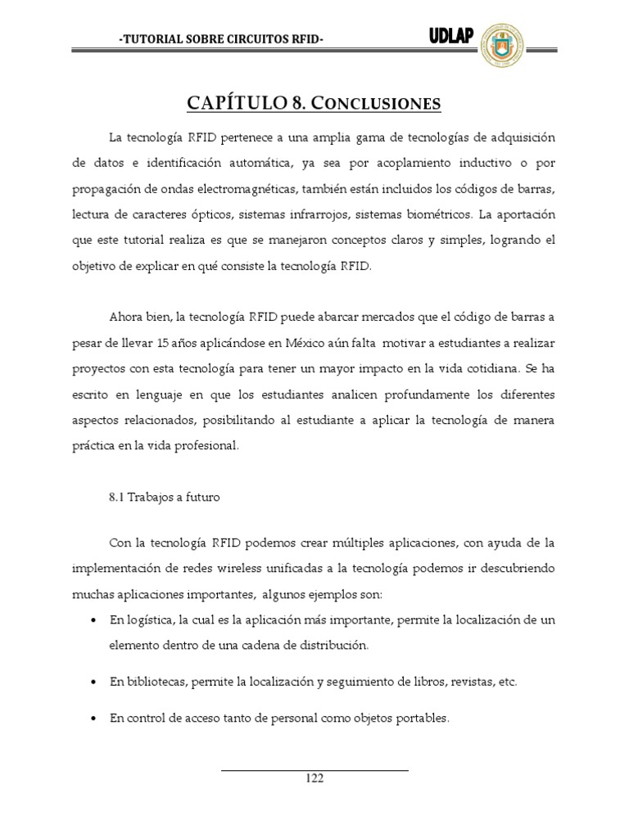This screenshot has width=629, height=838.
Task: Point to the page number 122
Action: coord(314,778)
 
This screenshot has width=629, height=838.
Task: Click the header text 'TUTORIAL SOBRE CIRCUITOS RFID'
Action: coord(220,39)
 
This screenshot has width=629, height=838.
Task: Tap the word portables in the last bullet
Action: coord(421,719)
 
